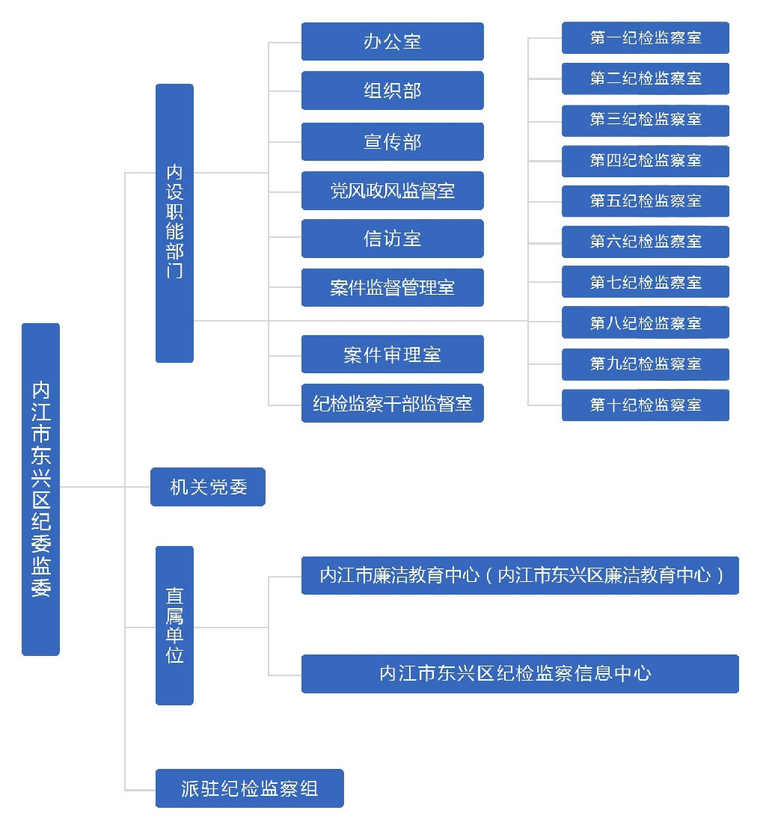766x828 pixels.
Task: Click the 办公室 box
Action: pos(392,41)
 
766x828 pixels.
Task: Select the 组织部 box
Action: pos(392,91)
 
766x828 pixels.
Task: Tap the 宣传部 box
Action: pos(392,141)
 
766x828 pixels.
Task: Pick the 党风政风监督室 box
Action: pos(392,191)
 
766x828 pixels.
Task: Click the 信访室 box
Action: pos(392,239)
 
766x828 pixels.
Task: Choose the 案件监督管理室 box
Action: pos(392,287)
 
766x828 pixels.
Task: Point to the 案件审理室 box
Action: pos(392,355)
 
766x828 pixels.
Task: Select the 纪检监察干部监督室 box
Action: pos(392,403)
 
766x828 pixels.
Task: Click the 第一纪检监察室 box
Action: pos(645,37)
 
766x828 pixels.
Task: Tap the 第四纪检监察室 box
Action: pos(645,161)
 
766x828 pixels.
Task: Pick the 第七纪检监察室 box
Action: pos(645,282)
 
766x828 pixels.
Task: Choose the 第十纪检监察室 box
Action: pos(645,405)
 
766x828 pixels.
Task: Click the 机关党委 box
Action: pos(208,487)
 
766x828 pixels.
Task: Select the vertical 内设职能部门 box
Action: pos(174,223)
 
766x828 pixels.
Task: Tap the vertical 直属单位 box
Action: pos(174,625)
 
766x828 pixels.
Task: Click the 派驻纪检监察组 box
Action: pos(249,788)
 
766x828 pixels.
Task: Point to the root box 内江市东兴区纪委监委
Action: pos(40,489)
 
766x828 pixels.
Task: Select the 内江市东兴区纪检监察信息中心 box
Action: pos(520,674)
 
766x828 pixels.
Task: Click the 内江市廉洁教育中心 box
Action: pos(520,575)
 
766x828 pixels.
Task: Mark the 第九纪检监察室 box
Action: pos(645,364)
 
